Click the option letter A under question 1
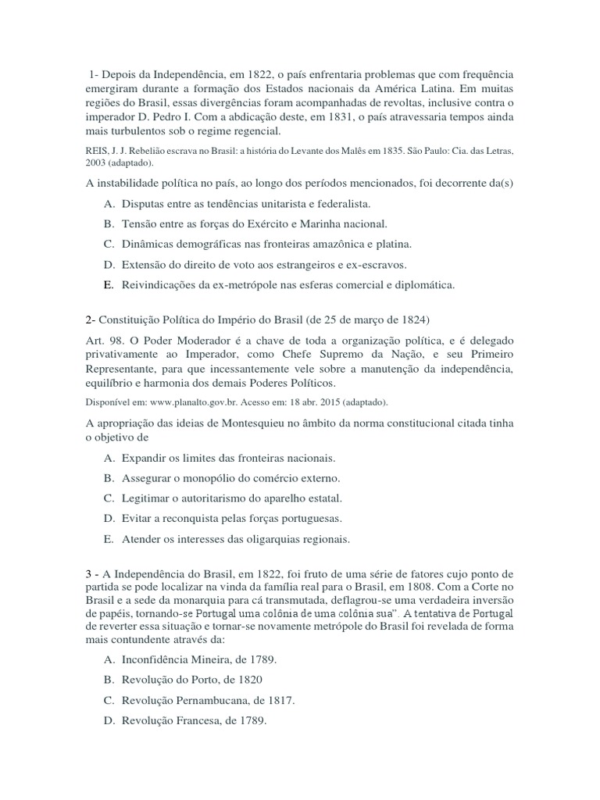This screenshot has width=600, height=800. [108, 203]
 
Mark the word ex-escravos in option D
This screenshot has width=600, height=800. [377, 265]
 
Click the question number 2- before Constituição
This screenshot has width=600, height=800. [90, 320]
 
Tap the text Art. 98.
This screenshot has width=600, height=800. [99, 341]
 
